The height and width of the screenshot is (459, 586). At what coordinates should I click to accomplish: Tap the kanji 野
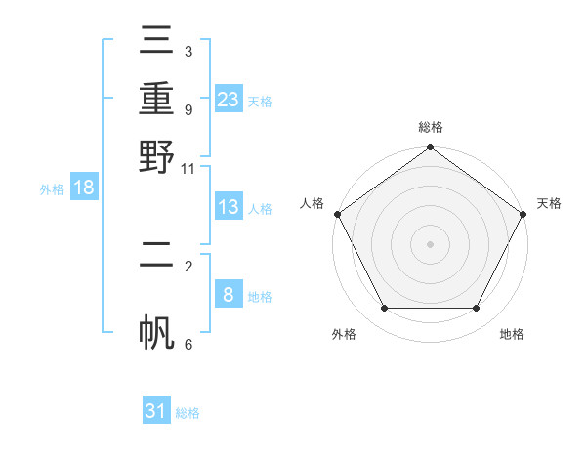click(x=156, y=156)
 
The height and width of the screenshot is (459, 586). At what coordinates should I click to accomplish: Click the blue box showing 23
click(x=229, y=99)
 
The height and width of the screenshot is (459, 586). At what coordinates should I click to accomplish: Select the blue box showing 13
click(x=229, y=207)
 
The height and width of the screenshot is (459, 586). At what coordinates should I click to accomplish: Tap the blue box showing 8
click(x=229, y=295)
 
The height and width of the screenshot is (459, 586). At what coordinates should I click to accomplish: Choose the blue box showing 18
click(x=84, y=188)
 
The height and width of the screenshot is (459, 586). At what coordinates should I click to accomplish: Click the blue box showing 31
click(x=156, y=411)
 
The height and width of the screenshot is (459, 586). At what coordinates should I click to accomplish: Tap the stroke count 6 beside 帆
click(x=188, y=344)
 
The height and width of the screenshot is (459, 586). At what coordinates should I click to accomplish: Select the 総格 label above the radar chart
click(x=430, y=128)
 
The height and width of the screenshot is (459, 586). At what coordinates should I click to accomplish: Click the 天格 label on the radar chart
click(x=549, y=203)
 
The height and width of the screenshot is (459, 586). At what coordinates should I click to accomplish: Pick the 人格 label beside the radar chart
click(x=312, y=203)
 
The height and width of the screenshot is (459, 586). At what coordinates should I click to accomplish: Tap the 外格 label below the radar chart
click(x=344, y=334)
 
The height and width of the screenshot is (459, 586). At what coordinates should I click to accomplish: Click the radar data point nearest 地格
click(x=477, y=309)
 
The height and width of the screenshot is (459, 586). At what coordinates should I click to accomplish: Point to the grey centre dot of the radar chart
click(x=430, y=243)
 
